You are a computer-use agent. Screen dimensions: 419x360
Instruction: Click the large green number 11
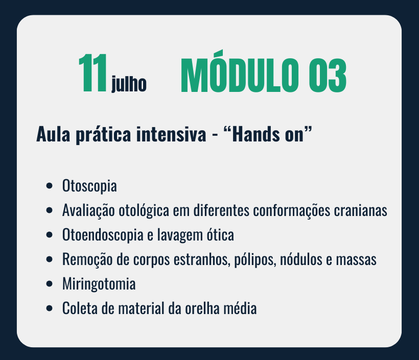pos(92,73)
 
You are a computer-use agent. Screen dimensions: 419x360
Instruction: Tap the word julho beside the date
pos(129,84)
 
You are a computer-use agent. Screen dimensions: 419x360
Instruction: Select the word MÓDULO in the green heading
pos(240,72)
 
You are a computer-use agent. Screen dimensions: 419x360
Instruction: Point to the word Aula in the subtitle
pos(53,134)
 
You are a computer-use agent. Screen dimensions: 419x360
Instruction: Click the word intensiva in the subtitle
pos(171,134)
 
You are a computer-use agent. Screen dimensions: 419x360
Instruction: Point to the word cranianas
pos(360,210)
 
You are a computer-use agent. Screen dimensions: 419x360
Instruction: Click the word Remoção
pos(87,259)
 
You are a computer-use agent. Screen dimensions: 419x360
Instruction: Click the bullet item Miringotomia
pos(99,284)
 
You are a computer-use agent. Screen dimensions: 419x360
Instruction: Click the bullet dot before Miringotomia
pos(49,284)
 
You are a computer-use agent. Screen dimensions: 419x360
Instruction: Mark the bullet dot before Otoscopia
pos(49,186)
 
